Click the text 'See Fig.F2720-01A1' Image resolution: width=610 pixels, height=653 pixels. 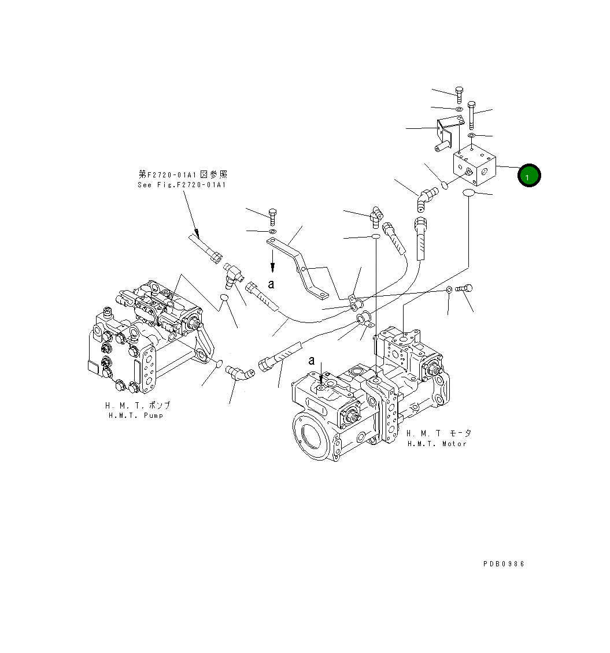(x=182, y=185)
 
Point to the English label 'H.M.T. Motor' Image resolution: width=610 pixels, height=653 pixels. (x=436, y=443)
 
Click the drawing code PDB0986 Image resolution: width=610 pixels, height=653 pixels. (x=504, y=564)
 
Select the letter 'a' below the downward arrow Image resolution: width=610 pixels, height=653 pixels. (x=271, y=284)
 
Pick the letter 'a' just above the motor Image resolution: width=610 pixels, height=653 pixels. (x=312, y=361)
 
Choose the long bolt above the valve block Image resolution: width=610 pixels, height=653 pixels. (x=471, y=115)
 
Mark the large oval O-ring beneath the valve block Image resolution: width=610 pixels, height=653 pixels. (x=469, y=192)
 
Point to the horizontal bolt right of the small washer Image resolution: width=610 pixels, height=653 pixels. (x=464, y=288)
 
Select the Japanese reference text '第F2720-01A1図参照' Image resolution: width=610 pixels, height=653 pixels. (x=183, y=174)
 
